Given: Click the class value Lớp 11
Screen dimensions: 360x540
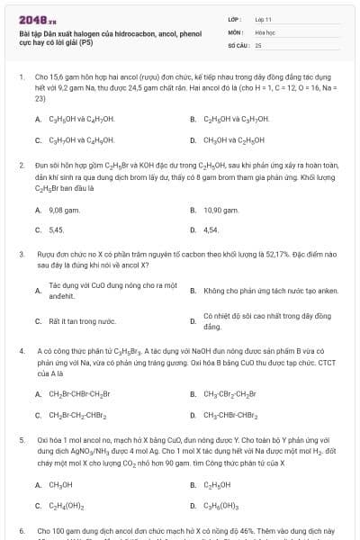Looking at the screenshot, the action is (264, 18).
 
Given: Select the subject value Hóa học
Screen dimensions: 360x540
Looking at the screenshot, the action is (265, 31).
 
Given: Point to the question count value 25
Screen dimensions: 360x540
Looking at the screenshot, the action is (258, 43).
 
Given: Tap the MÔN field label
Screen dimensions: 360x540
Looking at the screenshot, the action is (236, 31).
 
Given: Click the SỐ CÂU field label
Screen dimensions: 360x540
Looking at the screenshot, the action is (237, 43).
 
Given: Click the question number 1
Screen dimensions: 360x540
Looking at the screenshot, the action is (21, 77).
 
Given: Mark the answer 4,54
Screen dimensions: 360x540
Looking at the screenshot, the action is (211, 229).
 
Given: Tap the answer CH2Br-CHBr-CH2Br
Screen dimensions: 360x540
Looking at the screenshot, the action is (81, 393).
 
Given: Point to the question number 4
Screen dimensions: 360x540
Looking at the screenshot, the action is (21, 348).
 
